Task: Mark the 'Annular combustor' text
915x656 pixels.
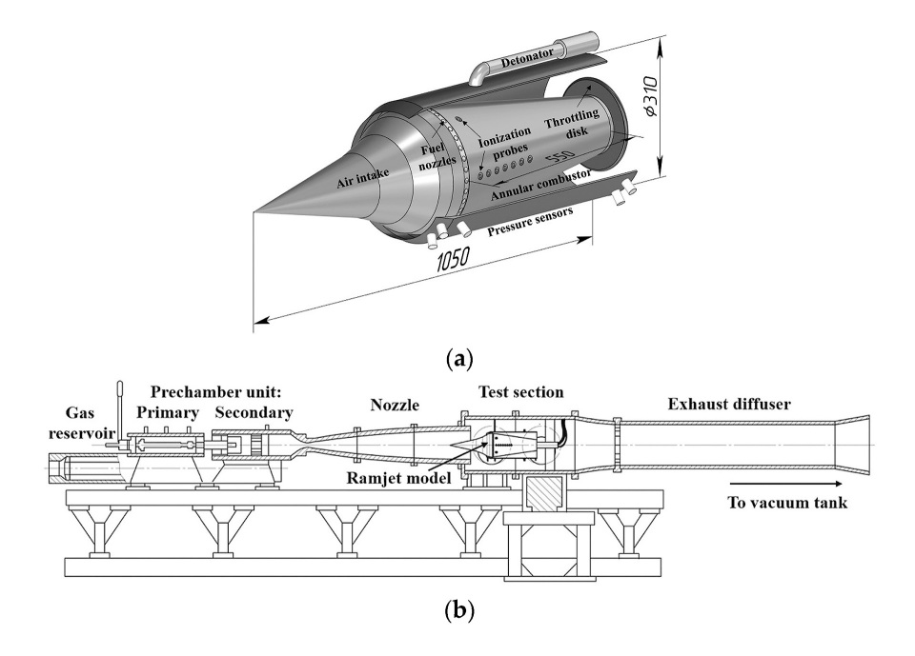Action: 540,185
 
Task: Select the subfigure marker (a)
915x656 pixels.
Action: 458,359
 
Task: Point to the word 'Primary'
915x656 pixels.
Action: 167,412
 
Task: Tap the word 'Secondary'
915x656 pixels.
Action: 254,412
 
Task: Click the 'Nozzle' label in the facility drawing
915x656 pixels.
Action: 395,407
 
